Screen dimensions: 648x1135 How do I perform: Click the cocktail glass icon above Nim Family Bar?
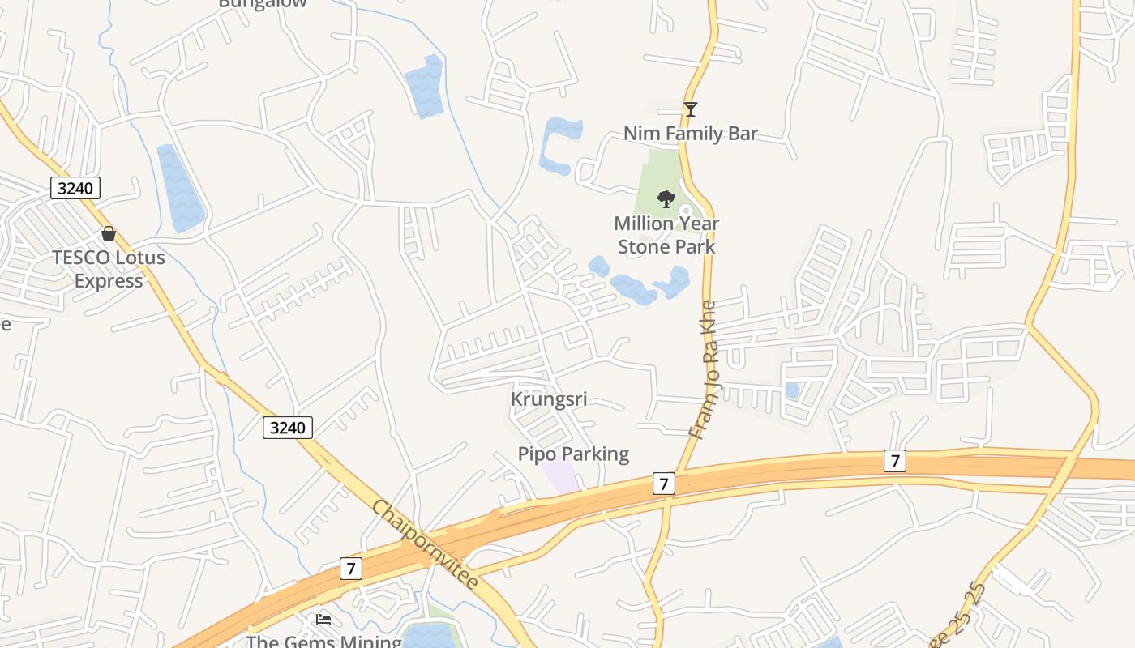pos(690,109)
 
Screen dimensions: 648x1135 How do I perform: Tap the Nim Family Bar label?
pos(690,133)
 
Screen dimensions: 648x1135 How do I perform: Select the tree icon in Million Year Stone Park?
pos(666,198)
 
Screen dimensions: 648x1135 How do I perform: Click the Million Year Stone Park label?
pos(666,235)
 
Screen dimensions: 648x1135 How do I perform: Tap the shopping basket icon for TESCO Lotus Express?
pos(109,233)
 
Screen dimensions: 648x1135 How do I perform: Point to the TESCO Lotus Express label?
pos(109,269)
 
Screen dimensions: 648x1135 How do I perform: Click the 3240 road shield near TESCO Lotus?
pos(75,188)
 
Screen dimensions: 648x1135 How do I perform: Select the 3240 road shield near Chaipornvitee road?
pos(288,427)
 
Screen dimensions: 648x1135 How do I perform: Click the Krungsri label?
pos(549,399)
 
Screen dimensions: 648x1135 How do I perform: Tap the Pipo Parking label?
pos(573,454)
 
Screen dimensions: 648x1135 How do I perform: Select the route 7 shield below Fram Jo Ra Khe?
pos(663,484)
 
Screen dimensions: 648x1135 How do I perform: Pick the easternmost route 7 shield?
pos(894,461)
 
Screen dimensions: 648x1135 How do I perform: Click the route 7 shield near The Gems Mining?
pos(350,569)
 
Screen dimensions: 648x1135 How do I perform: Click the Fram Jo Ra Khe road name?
pos(704,369)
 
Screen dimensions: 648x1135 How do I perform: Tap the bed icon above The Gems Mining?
pos(323,619)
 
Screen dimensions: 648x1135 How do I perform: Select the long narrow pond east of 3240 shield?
pos(180,188)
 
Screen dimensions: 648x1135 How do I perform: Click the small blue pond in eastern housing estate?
pos(792,390)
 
